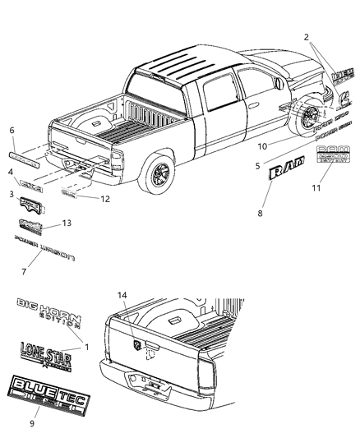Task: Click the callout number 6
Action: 12,131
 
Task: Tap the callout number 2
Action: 307,38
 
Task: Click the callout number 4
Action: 11,172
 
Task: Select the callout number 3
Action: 11,194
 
